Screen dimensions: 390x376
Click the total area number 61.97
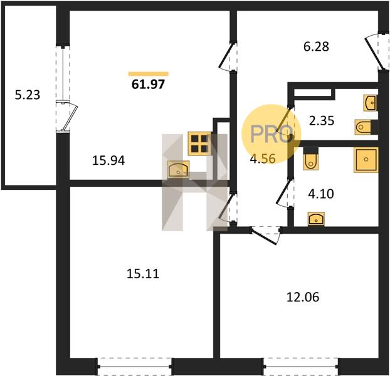click(148, 84)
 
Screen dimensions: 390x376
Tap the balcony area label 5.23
click(28, 95)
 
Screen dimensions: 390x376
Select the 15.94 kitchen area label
click(108, 160)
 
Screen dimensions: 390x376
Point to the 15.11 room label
click(143, 274)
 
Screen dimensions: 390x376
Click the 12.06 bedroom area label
click(303, 297)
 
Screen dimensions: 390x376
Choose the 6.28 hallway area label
click(316, 46)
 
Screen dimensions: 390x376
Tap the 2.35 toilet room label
click(322, 121)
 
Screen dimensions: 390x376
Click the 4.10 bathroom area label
click(321, 194)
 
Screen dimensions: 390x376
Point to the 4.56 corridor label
click(263, 159)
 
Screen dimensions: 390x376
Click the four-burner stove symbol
click(200, 144)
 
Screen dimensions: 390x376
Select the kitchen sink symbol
click(178, 169)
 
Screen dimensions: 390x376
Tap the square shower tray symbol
click(366, 160)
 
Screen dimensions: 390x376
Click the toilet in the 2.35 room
click(363, 127)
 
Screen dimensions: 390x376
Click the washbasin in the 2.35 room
click(370, 103)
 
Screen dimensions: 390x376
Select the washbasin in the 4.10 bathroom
click(316, 219)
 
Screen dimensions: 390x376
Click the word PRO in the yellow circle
click(271, 134)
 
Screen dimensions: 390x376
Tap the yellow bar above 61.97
click(149, 73)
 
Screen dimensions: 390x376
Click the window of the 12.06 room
click(301, 367)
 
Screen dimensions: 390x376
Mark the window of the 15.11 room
click(135, 367)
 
